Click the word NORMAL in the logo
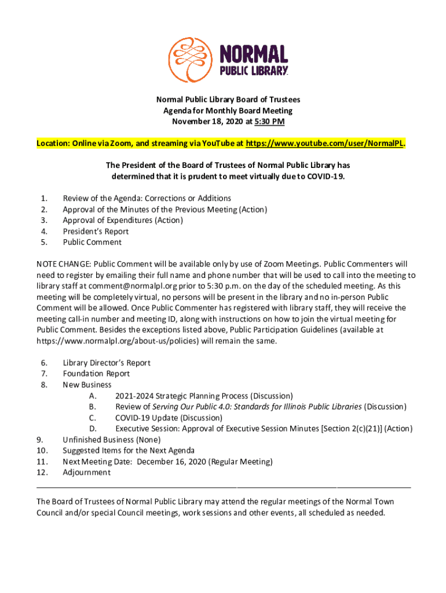pyautogui.click(x=253, y=54)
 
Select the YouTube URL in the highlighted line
pyautogui.click(x=324, y=143)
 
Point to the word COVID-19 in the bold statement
pyautogui.click(x=326, y=176)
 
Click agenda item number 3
pyautogui.click(x=43, y=220)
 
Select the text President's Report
pyautogui.click(x=96, y=231)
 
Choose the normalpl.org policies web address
pyautogui.click(x=118, y=341)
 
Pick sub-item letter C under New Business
pyautogui.click(x=92, y=418)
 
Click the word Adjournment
pyautogui.click(x=86, y=473)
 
